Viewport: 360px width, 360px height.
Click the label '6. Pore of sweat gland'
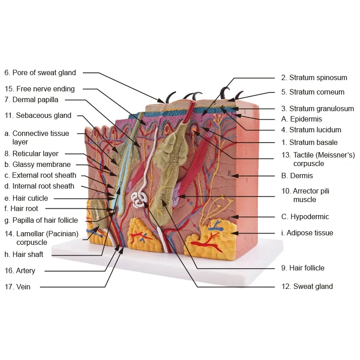pos(40,72)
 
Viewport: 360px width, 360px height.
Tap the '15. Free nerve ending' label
pos(40,89)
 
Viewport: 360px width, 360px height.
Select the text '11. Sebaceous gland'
pos(38,116)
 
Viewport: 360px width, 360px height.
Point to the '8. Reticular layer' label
pos(31,153)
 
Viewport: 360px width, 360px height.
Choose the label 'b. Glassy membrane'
pos(37,164)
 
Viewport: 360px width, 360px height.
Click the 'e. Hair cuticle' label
pos(26,198)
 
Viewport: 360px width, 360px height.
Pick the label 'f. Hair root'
pos(21,208)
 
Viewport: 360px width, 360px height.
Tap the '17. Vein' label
pos(18,287)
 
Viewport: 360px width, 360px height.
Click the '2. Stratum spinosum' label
pos(314,77)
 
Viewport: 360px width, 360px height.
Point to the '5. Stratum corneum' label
pos(313,92)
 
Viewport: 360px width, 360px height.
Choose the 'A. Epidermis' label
pos(301,119)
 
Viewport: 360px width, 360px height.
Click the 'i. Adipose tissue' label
pos(307,233)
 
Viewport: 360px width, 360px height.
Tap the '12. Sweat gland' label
pos(307,286)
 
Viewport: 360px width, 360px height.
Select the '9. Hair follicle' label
pos(302,268)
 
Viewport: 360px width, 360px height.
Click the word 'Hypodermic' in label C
pos(310,216)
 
